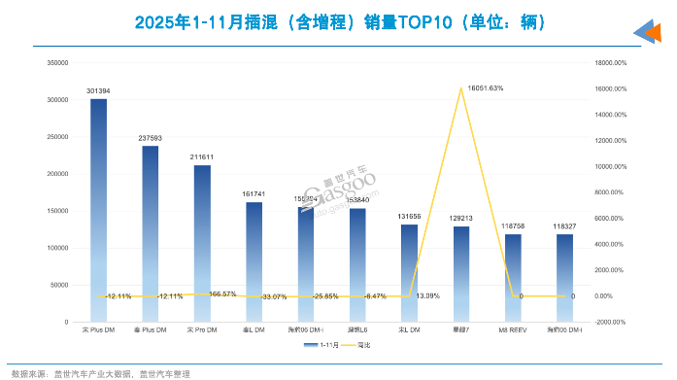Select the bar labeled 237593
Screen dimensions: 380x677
point(150,233)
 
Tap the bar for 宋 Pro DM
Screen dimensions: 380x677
point(202,243)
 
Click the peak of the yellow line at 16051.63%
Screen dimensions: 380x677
point(460,88)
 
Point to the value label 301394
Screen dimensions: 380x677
point(98,91)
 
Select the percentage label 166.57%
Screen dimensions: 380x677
point(222,294)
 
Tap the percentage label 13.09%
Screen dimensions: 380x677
point(428,295)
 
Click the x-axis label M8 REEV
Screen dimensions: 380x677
point(513,331)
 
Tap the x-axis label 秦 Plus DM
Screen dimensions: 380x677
point(150,331)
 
